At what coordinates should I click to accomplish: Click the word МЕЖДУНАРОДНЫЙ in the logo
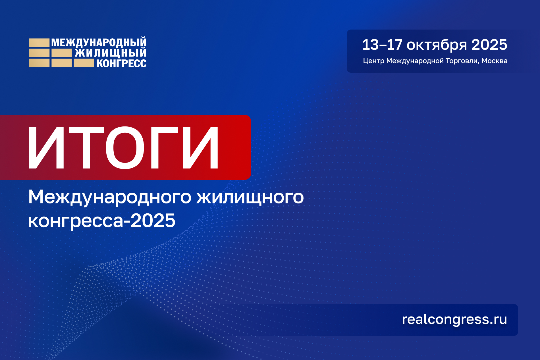pos(99,43)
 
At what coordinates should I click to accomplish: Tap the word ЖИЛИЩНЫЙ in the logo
pos(111,53)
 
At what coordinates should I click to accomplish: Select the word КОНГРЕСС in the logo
pos(121,63)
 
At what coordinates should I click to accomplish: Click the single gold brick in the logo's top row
pos(39,43)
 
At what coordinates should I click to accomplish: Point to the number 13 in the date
pos(370,45)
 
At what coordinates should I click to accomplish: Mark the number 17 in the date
pos(394,45)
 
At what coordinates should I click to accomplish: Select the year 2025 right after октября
pos(489,45)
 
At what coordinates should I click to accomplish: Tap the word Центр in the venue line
pos(373,61)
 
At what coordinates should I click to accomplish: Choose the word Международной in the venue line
pos(415,61)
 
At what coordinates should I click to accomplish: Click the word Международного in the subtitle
pos(110,197)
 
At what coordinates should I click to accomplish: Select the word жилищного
pos(250,197)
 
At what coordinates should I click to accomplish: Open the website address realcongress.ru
pos(454,320)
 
